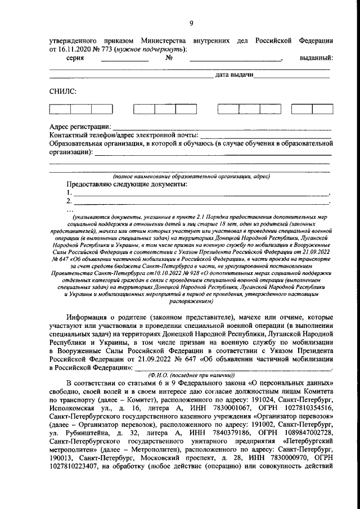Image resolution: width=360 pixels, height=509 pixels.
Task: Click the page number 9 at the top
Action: pos(191,23)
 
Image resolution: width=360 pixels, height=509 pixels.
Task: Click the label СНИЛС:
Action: pos(63,91)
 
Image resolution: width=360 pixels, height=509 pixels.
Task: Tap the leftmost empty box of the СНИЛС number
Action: pos(60,110)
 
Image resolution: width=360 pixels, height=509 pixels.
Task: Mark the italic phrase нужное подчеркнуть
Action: pos(150,49)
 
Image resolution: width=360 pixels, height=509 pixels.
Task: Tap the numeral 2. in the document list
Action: pos(69,201)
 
